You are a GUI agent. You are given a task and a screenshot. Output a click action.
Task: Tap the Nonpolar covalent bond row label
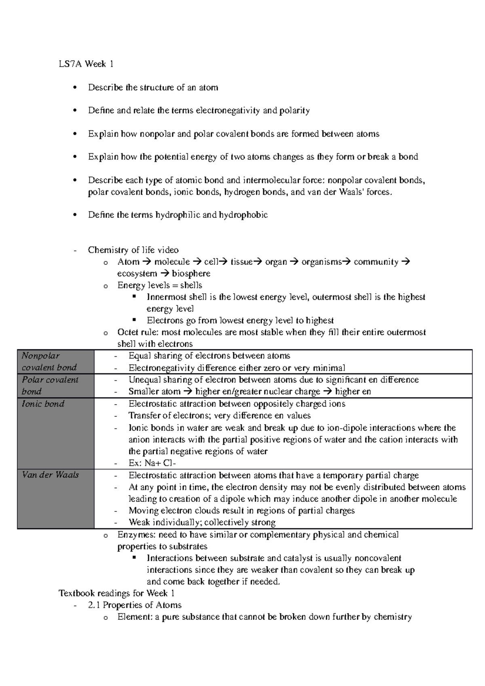[49, 362]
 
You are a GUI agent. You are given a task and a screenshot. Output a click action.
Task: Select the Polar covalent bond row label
[50, 385]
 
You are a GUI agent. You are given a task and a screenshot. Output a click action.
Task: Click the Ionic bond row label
[43, 404]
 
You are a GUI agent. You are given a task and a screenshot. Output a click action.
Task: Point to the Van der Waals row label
[50, 475]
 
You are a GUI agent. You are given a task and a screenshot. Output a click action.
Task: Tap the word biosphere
[191, 274]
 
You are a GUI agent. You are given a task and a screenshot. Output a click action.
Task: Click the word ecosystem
[137, 274]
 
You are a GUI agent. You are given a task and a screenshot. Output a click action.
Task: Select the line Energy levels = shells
[160, 285]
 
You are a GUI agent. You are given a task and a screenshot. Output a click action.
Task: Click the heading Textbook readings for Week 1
[117, 593]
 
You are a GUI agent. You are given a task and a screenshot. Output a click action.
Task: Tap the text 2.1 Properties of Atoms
[135, 605]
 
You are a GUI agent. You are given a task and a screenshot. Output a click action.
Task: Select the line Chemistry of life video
[133, 250]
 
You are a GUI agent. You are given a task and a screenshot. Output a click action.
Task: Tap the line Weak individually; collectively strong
[202, 522]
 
